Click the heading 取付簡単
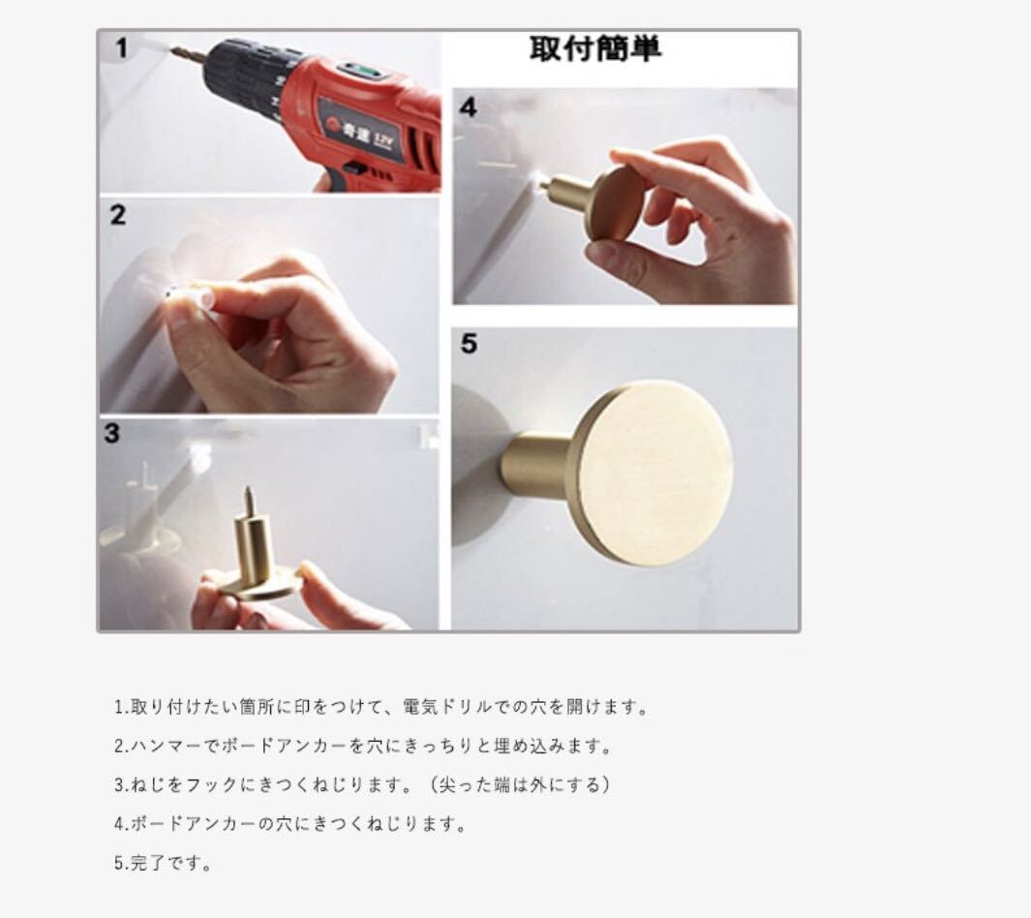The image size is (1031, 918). point(595,48)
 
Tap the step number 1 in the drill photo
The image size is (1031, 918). point(121,48)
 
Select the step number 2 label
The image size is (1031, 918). point(118,215)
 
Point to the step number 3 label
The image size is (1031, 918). point(111,434)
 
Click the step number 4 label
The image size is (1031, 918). point(469,107)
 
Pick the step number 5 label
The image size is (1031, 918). point(469,344)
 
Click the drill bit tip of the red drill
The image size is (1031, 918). point(173,47)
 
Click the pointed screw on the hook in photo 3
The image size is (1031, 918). point(249,502)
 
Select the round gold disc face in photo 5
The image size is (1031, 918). point(651,473)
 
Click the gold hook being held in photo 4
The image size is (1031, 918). point(591,199)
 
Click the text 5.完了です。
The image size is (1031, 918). point(163,863)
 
